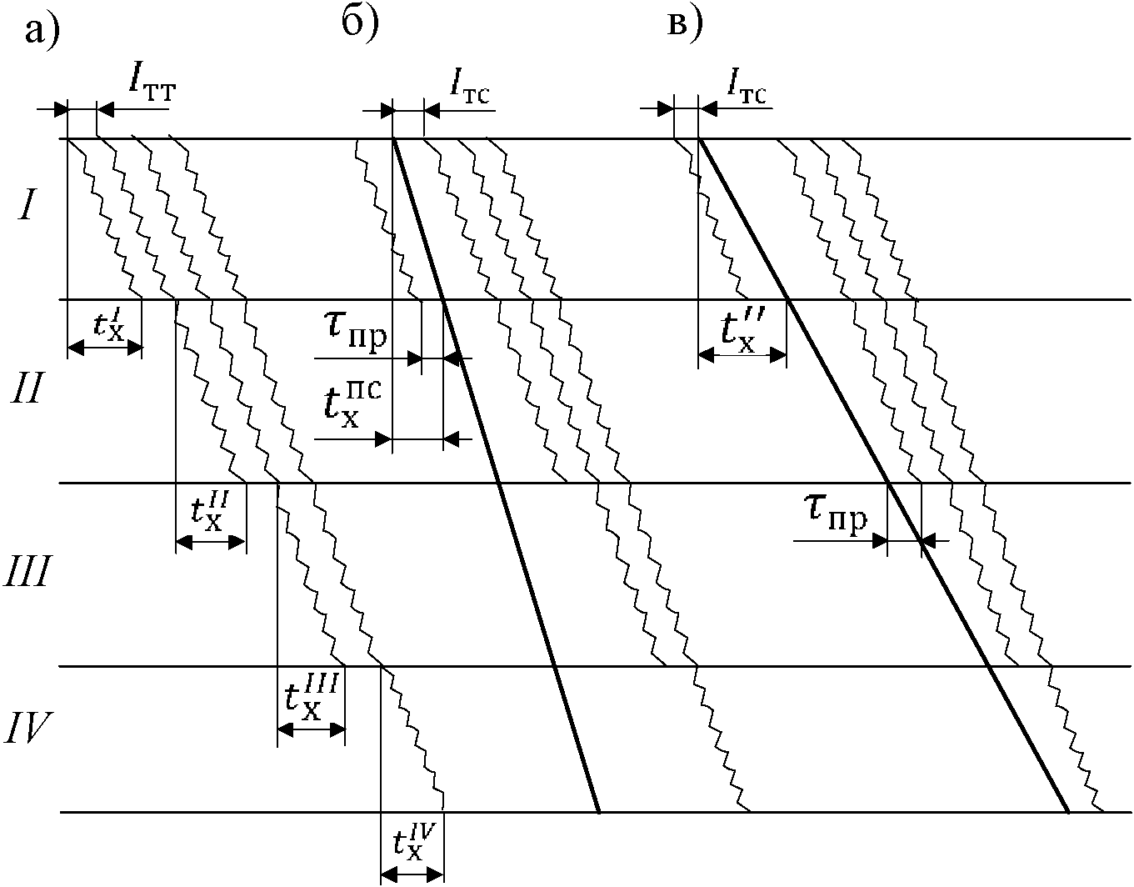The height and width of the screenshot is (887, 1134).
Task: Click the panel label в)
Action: click(x=686, y=23)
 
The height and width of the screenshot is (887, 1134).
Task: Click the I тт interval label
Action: click(x=151, y=83)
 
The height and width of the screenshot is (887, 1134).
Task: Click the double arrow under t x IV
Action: click(x=412, y=874)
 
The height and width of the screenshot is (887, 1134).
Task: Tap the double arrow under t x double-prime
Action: click(x=742, y=356)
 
